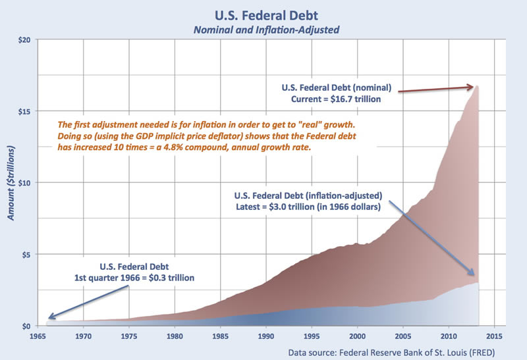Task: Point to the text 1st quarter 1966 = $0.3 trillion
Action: point(136,278)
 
